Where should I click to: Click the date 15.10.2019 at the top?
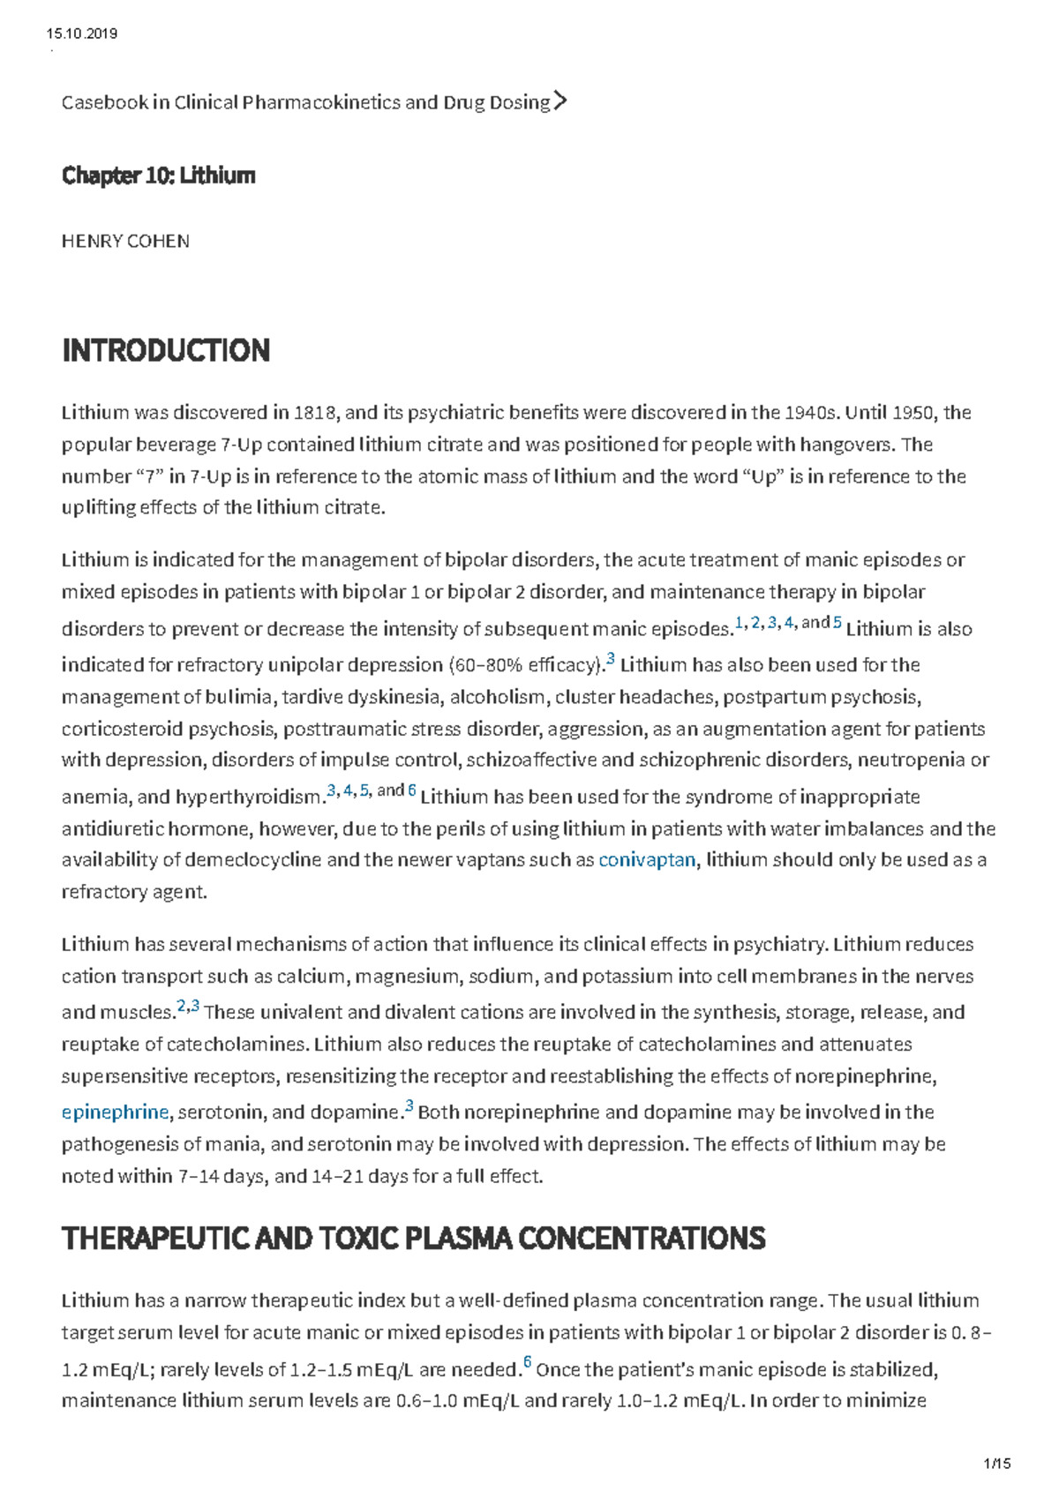(81, 34)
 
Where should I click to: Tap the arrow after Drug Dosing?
(560, 101)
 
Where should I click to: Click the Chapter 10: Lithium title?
(158, 176)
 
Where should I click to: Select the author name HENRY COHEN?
(125, 241)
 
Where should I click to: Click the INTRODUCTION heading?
(166, 350)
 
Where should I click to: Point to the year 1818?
(316, 412)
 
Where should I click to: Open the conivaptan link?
(647, 859)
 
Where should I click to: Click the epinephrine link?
(115, 1112)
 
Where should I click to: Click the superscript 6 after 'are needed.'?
(527, 1362)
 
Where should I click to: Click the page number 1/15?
(996, 1464)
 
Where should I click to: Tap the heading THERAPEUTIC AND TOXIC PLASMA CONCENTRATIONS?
(413, 1239)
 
